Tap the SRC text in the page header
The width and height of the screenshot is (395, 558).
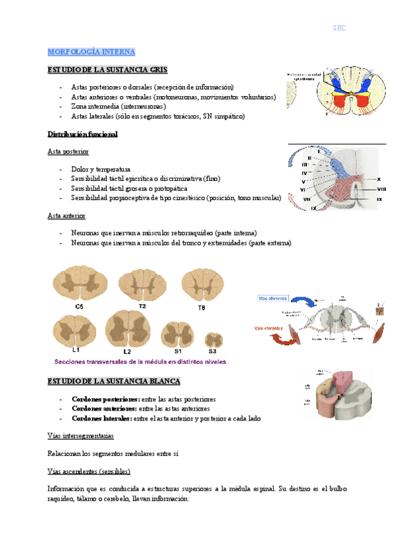click(339, 28)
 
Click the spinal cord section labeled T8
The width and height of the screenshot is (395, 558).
click(201, 284)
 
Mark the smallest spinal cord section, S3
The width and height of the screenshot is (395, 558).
click(213, 340)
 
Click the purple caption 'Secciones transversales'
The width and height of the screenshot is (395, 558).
click(140, 362)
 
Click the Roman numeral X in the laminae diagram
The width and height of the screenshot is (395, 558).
click(379, 179)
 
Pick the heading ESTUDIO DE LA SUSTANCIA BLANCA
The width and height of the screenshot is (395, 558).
click(114, 381)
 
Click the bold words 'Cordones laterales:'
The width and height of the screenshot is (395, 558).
click(101, 418)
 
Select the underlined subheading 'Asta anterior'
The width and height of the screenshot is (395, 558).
click(66, 215)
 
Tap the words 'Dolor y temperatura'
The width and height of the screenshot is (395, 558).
click(101, 169)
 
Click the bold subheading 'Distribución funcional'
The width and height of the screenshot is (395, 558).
click(82, 134)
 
